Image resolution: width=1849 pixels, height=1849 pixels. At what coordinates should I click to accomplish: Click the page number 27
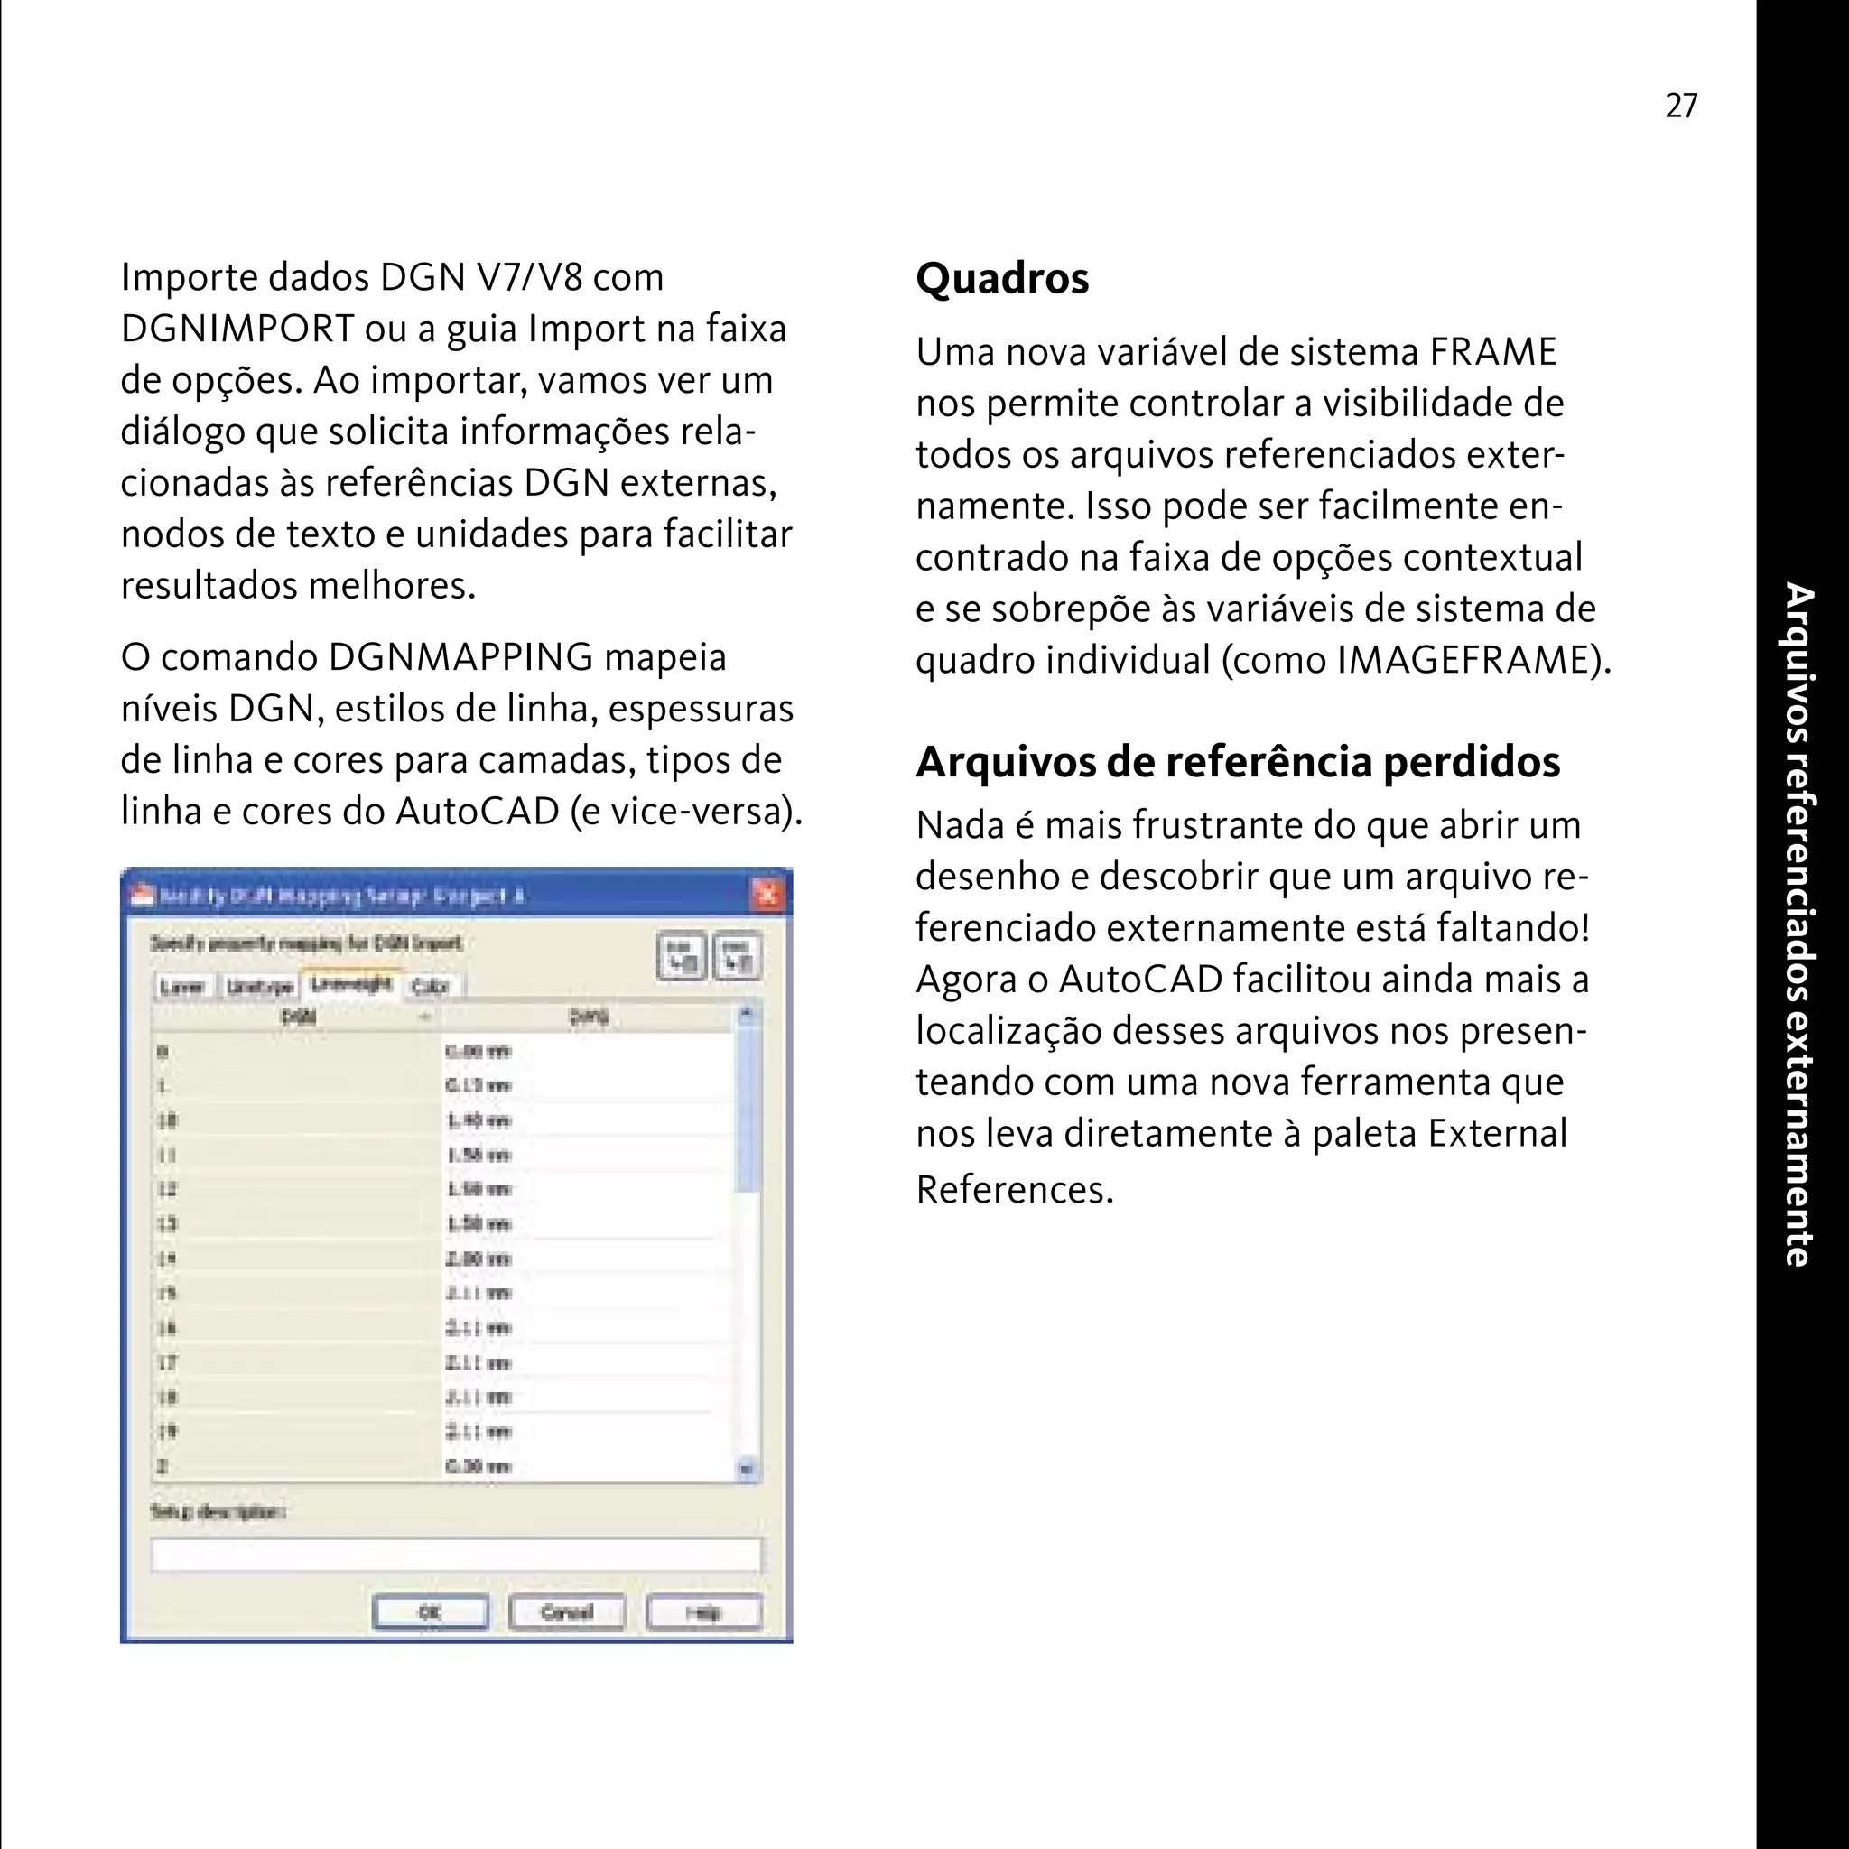pos(1681,106)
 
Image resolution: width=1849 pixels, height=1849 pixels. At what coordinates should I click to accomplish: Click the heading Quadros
pos(1002,278)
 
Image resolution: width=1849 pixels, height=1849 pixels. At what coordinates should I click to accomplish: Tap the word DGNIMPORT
pos(237,329)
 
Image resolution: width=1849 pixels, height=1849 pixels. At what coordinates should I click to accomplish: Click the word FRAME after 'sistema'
pos(1493,352)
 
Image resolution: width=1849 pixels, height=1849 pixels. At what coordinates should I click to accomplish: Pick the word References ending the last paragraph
pos(1014,1190)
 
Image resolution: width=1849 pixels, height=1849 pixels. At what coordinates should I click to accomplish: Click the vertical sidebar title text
pos(1800,924)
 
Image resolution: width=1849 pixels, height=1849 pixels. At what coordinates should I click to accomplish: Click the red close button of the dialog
pos(767,894)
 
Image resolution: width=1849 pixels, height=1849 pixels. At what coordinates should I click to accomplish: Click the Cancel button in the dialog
pos(567,1612)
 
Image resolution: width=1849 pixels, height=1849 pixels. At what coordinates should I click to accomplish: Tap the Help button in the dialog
pos(703,1612)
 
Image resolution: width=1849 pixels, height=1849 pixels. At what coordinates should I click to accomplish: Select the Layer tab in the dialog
pos(181,986)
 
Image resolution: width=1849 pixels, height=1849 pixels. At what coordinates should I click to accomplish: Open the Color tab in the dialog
pos(430,986)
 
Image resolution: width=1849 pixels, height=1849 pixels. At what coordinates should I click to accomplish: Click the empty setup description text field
pos(456,1555)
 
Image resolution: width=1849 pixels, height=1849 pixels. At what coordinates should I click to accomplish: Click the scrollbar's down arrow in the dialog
pos(748,1468)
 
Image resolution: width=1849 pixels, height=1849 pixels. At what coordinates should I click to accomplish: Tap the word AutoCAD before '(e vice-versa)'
pos(478,812)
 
